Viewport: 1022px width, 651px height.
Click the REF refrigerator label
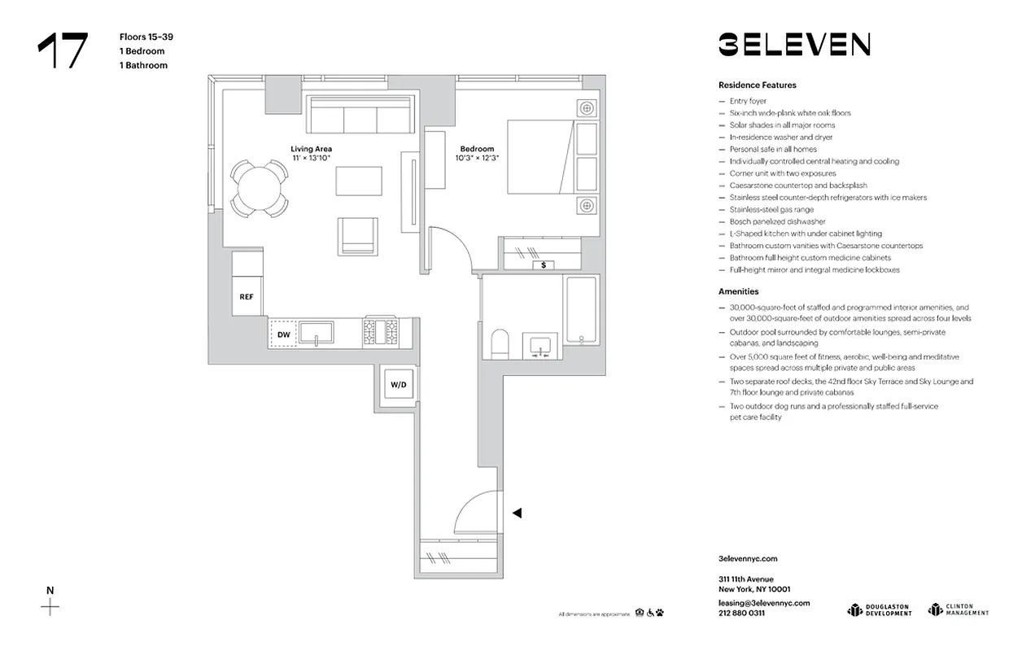[247, 297]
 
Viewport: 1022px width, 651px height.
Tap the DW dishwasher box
[283, 334]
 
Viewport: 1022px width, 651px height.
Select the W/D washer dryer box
[398, 384]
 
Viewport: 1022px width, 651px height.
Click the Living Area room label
[312, 150]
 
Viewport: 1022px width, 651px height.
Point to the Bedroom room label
[477, 150]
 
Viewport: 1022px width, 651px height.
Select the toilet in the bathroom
[499, 344]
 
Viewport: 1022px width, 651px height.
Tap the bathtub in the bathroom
[582, 312]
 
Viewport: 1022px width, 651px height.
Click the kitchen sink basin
[316, 333]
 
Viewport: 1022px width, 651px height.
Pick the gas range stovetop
[381, 333]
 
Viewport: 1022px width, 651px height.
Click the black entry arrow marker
[516, 513]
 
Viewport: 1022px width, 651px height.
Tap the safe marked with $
[543, 264]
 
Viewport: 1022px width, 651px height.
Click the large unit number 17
[62, 51]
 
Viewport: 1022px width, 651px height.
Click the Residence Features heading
[757, 85]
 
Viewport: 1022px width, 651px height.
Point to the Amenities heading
[738, 291]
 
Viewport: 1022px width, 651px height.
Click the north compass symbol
[50, 606]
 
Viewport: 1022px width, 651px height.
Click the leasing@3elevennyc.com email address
[764, 603]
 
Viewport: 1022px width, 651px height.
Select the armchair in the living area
[358, 235]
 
